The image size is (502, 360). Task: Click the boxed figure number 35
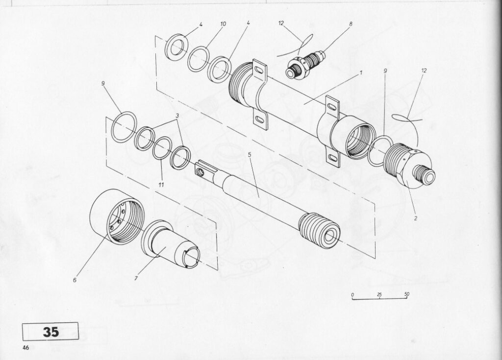(50, 332)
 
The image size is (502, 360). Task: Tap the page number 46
(25, 348)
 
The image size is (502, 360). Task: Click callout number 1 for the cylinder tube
(361, 73)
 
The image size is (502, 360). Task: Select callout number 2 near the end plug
(415, 218)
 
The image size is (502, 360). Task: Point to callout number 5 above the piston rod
(250, 154)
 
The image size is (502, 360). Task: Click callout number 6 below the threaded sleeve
(75, 280)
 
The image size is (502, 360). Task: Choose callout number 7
(136, 278)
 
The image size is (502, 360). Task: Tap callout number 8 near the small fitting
(351, 24)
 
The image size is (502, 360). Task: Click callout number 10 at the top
(223, 24)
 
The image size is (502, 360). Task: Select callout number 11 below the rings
(161, 185)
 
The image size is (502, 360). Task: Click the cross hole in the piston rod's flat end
(200, 172)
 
